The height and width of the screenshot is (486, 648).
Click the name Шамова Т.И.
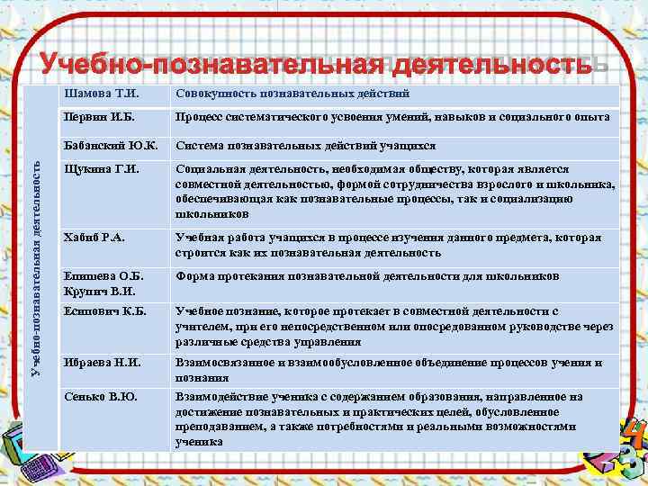pos(98,94)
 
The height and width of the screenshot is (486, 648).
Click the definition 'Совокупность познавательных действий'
pos(293,94)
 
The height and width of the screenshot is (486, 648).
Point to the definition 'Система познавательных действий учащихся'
pos(306,145)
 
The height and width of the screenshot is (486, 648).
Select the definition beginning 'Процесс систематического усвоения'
pos(393,118)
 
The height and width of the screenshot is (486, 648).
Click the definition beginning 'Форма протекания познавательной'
pos(368,275)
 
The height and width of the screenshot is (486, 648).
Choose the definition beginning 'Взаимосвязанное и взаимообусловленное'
pos(389,370)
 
